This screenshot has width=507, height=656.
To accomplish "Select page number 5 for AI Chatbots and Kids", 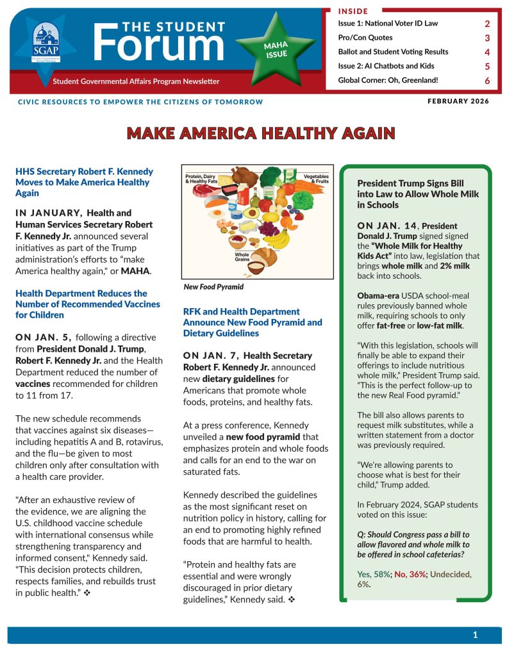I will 487,66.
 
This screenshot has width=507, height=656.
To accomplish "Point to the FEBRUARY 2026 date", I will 458,101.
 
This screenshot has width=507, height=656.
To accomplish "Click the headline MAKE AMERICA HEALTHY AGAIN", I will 261,133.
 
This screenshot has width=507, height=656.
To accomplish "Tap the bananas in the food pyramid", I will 278,239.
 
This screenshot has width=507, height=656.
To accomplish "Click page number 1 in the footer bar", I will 475,635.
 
